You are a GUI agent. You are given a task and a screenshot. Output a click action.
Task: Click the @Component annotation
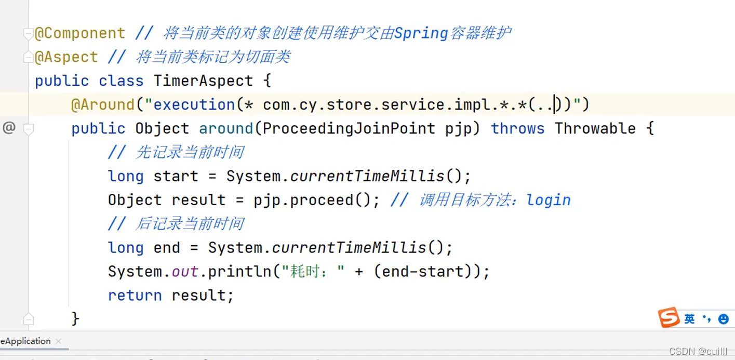(80, 33)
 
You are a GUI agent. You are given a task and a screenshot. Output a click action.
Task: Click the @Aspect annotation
(66, 57)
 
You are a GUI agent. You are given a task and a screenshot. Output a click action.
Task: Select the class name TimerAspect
(203, 81)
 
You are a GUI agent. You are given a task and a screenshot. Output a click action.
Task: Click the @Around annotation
(103, 105)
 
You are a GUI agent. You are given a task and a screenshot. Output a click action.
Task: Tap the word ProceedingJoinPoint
(349, 129)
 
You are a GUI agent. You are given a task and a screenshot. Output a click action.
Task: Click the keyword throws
(517, 129)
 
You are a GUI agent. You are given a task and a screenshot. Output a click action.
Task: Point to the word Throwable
(595, 129)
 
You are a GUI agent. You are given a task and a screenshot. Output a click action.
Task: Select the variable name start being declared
(176, 177)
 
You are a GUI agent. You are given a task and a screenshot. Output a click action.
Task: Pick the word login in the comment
(548, 201)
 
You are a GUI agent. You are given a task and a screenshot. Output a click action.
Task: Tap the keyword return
(135, 296)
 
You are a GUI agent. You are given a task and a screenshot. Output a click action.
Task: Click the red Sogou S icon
(669, 317)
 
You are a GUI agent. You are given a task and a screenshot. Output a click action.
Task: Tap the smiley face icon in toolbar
(723, 319)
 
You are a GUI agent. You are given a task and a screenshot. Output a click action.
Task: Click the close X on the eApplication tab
(58, 341)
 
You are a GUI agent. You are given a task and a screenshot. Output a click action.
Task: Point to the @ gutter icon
(9, 128)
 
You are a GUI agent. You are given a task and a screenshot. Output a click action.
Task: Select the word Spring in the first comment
(421, 33)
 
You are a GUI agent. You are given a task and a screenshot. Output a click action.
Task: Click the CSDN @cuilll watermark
(698, 352)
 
